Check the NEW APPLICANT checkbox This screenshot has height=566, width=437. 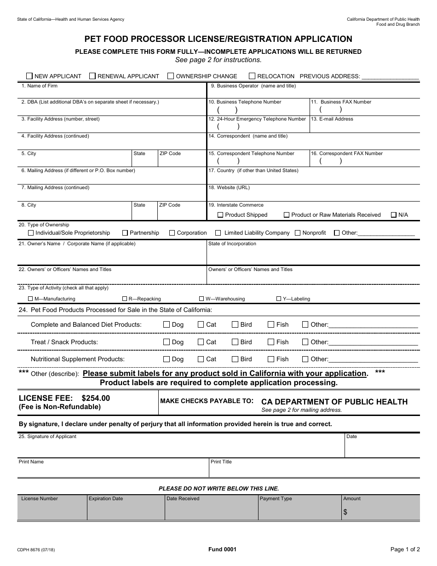[x=29, y=76]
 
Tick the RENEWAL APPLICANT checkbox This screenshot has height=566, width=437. [x=92, y=76]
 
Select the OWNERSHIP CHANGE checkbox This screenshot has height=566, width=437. [x=171, y=76]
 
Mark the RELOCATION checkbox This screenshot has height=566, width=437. [x=252, y=76]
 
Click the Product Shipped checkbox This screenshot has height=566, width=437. [x=220, y=215]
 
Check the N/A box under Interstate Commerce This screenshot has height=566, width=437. [x=394, y=215]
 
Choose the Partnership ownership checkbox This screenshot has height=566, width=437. [x=125, y=233]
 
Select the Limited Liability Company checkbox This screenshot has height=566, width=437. [x=218, y=233]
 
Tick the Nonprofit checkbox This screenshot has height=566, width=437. [x=298, y=233]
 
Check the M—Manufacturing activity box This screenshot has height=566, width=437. [x=30, y=299]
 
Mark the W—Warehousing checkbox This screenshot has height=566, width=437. [x=201, y=299]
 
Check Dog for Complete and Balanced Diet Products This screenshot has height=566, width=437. [x=167, y=324]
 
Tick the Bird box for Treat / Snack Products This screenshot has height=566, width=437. [x=235, y=342]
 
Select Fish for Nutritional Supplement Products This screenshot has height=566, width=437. [x=271, y=359]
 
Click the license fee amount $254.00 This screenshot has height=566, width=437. [x=96, y=398]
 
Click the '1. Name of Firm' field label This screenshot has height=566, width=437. [x=40, y=86]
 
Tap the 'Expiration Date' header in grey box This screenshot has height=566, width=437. [x=106, y=498]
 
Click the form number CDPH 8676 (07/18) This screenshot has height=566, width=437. [x=37, y=549]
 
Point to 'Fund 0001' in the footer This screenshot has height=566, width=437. [x=223, y=549]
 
